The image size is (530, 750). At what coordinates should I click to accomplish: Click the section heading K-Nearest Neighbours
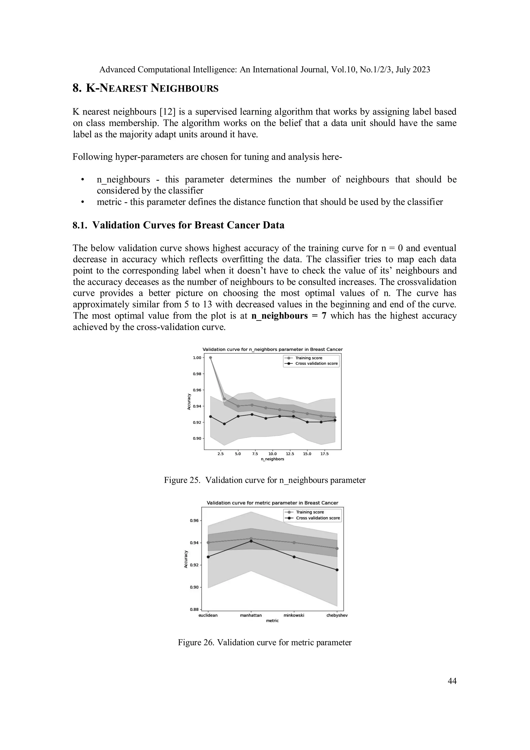145,88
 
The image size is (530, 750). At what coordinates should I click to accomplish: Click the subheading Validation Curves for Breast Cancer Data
178,225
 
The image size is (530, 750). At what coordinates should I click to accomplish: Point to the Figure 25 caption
264,480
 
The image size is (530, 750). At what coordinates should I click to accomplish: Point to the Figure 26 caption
264,642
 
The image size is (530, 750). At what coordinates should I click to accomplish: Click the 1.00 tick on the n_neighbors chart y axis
197,358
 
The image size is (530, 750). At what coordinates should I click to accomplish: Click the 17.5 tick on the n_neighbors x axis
324,454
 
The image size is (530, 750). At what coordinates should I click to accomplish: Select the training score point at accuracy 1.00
211,358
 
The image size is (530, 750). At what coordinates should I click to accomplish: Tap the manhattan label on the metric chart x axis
251,615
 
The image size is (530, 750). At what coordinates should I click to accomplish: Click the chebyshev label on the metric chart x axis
337,615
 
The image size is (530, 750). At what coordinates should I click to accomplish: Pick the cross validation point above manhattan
251,541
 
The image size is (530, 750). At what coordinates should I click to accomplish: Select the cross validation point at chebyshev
337,570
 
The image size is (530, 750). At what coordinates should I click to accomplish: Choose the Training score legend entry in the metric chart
310,512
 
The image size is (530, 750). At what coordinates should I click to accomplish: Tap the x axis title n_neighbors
272,459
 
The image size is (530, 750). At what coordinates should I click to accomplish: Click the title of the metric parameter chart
272,503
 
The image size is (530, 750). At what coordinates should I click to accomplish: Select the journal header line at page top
264,70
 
